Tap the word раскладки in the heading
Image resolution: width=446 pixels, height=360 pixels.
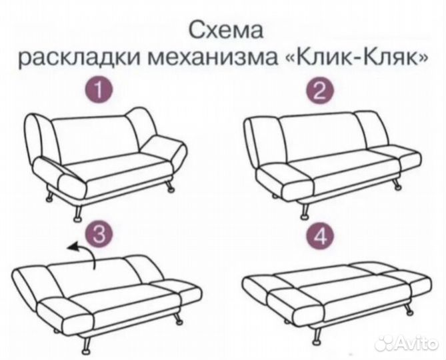(78, 59)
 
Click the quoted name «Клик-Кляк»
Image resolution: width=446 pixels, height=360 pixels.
(355, 59)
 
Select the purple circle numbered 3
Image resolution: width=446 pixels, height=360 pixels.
(99, 233)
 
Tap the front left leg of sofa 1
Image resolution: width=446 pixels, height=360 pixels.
(79, 212)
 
